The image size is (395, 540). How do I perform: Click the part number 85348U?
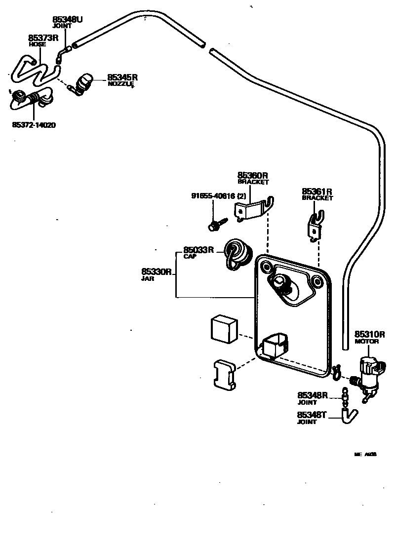pos(68,20)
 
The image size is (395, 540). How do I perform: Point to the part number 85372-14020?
pos(34,125)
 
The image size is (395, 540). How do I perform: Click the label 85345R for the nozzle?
pos(122,77)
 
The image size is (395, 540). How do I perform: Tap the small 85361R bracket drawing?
pos(315,227)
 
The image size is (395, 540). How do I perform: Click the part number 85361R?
pos(317,192)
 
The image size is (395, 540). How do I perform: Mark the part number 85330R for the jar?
pos(156,271)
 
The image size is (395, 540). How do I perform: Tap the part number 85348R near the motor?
pos(313,395)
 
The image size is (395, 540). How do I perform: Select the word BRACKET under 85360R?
pos(253,182)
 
